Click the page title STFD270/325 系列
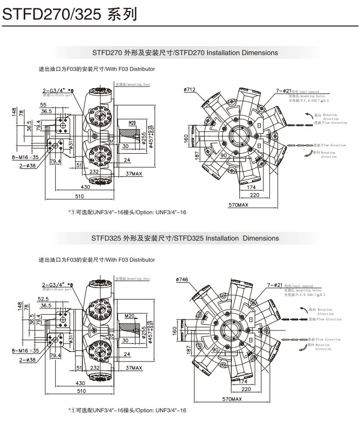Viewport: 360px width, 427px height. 70,14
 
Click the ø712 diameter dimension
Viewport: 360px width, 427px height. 189,90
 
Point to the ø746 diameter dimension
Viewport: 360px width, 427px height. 183,279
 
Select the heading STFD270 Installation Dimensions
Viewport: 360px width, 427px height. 185,52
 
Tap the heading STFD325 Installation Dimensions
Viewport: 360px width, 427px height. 185,238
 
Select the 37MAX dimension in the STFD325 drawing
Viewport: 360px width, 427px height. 134,368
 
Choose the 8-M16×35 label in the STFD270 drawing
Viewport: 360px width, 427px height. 26,157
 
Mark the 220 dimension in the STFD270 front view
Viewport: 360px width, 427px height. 255,195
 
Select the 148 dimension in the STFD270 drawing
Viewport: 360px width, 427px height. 14,114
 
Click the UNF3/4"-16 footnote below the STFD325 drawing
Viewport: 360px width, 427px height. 128,410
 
